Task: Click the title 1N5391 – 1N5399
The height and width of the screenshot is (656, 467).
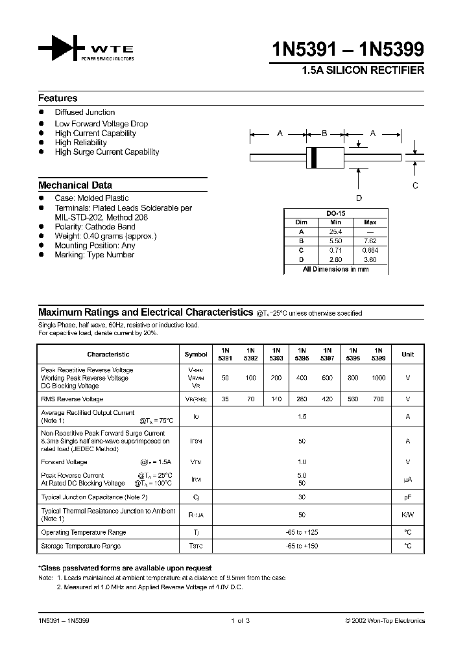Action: (350, 50)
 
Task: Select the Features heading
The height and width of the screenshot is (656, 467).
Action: (58, 99)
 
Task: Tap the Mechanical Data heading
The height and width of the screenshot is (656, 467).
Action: (75, 185)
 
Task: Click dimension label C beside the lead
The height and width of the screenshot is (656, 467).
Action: (416, 185)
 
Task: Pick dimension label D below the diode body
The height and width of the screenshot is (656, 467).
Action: (359, 198)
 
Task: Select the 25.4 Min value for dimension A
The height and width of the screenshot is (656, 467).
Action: (335, 231)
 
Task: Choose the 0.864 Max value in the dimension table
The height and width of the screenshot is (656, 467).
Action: (370, 250)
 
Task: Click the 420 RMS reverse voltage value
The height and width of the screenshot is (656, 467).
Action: (328, 399)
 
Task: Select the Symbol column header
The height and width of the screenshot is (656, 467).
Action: (196, 355)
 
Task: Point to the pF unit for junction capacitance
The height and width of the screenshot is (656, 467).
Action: (407, 497)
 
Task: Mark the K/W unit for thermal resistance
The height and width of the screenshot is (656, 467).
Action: (407, 515)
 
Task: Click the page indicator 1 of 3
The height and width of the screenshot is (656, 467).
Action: (240, 621)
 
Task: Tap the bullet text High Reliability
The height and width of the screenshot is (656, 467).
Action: (81, 143)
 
